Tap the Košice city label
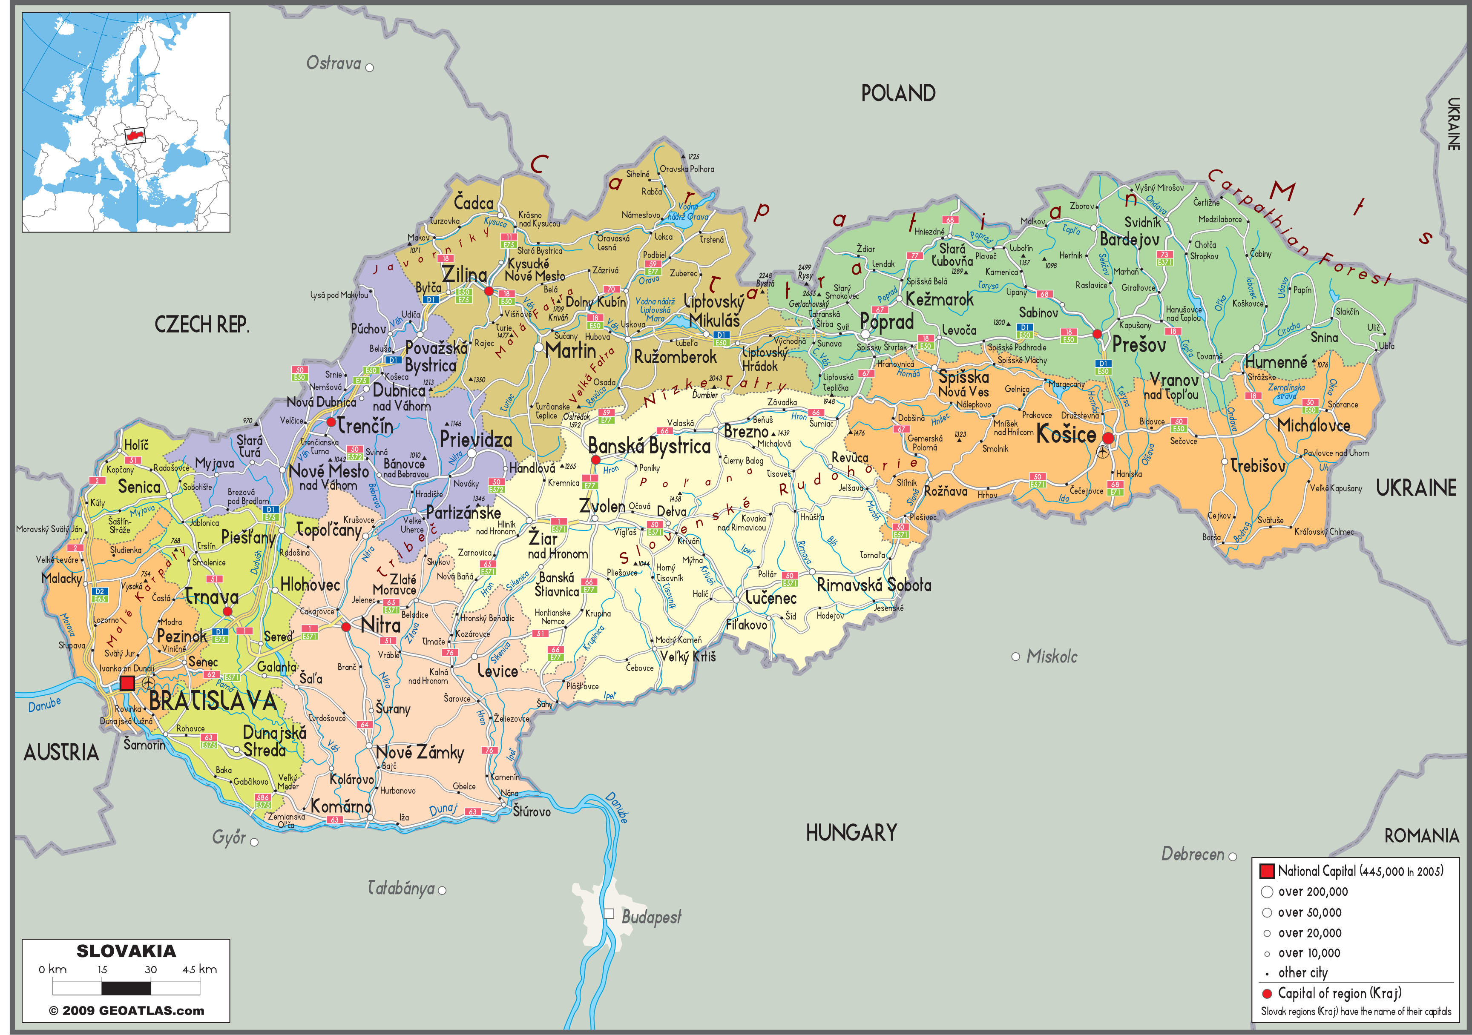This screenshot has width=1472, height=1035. pyautogui.click(x=1066, y=435)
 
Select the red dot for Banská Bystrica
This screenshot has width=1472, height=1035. pyautogui.click(x=595, y=459)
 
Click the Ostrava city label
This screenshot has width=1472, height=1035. pyautogui.click(x=333, y=63)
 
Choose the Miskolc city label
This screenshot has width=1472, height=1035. pyautogui.click(x=1052, y=656)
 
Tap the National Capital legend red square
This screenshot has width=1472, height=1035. pyautogui.click(x=1266, y=871)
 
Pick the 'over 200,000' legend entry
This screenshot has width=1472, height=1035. pyautogui.click(x=1312, y=892)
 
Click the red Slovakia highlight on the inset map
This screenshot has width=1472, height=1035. pyautogui.click(x=135, y=135)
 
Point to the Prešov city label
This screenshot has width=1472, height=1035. pyautogui.click(x=1138, y=345)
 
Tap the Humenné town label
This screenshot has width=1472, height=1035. pyautogui.click(x=1275, y=362)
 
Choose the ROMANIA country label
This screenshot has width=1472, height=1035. pyautogui.click(x=1421, y=836)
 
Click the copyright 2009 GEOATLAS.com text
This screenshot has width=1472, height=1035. pyautogui.click(x=126, y=1011)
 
